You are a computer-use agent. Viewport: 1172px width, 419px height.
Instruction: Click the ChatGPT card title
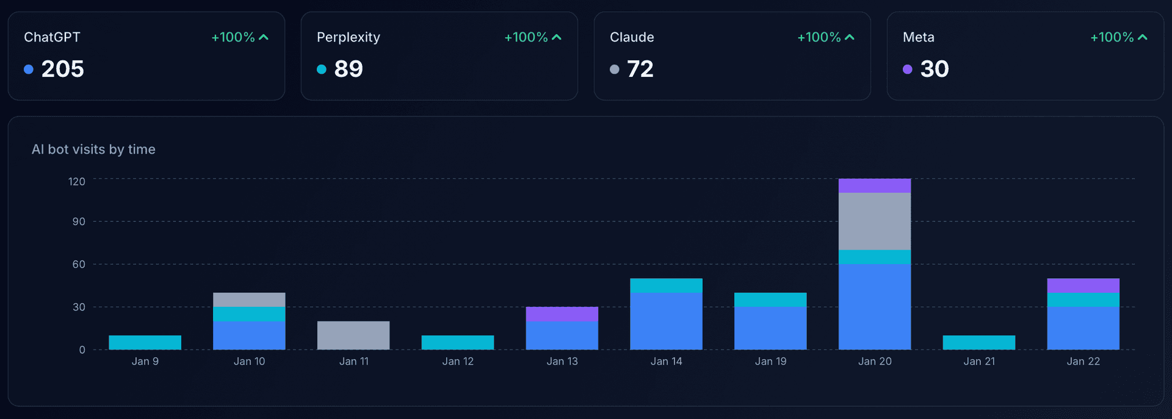(x=52, y=37)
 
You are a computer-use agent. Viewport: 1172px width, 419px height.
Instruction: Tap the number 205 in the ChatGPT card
(x=62, y=69)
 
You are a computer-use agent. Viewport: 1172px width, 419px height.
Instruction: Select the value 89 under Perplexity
(x=349, y=69)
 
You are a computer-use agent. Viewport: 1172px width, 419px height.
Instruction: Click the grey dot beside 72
(x=615, y=70)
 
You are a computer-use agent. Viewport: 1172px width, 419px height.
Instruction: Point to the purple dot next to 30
(x=908, y=70)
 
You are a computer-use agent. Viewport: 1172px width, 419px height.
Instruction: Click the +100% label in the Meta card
(x=1112, y=37)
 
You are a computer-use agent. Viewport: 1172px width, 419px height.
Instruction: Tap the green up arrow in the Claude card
(x=850, y=37)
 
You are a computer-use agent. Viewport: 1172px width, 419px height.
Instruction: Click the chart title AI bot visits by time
(x=93, y=149)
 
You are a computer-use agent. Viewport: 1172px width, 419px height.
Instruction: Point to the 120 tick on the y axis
(x=77, y=182)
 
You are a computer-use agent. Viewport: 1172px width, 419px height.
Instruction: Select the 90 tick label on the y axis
(x=79, y=221)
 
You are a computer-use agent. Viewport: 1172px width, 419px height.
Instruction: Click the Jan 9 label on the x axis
(x=145, y=361)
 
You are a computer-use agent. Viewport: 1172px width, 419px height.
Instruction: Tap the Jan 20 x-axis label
(x=875, y=361)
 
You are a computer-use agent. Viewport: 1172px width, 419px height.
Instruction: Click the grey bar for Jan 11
(x=353, y=335)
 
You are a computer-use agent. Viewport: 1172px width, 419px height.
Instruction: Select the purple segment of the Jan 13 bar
(x=562, y=314)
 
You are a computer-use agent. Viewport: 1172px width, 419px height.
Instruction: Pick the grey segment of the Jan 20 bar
(x=875, y=221)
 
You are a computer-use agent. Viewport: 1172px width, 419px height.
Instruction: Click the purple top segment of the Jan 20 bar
(x=875, y=185)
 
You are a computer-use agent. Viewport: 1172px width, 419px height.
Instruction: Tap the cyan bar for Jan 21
(x=979, y=342)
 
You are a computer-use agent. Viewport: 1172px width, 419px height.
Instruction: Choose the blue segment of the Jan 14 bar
(x=667, y=321)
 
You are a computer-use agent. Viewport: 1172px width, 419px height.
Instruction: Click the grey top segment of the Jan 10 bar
(x=249, y=299)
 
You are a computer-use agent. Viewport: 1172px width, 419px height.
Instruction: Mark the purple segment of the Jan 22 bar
(x=1083, y=285)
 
